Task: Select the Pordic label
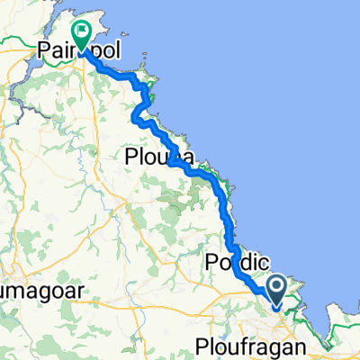(236, 262)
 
